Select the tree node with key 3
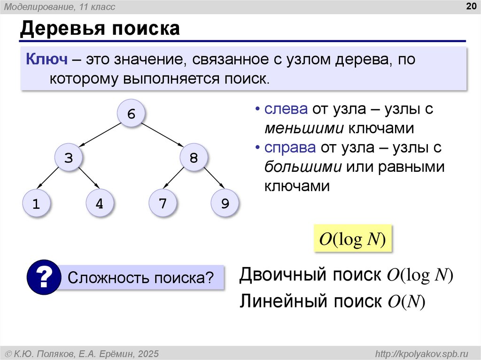tap(69, 158)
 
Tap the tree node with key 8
tap(194, 158)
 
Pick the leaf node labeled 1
tap(36, 203)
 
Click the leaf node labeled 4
tap(99, 203)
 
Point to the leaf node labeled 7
tap(163, 203)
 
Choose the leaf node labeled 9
tap(225, 203)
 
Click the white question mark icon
tap(44, 277)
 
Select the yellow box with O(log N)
tap(352, 239)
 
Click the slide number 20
tap(470, 6)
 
